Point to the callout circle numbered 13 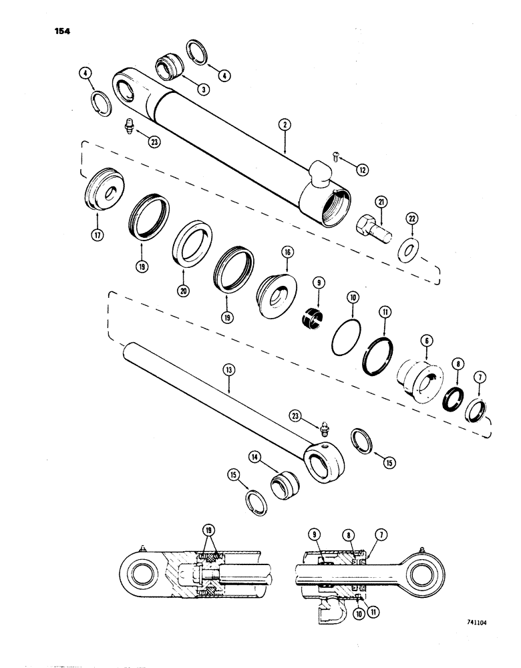click(228, 386)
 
